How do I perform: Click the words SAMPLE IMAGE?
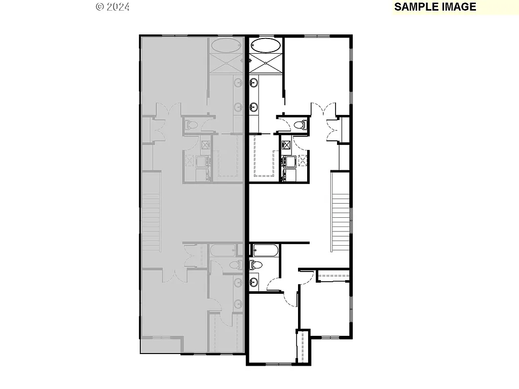tap(435, 7)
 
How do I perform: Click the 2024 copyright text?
tap(113, 7)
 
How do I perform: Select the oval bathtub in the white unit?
tap(266, 46)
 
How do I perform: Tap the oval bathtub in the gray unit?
tap(227, 46)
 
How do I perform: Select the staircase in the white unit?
tap(341, 212)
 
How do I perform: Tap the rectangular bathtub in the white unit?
tap(265, 250)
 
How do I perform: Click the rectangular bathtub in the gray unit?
tap(223, 250)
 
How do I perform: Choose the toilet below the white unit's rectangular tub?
tap(255, 264)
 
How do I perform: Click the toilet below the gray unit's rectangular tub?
tap(234, 264)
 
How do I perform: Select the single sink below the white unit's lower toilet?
tap(253, 282)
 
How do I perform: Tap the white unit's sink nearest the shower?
tap(253, 83)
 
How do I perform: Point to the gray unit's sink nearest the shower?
tap(238, 83)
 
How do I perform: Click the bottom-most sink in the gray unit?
tap(238, 303)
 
